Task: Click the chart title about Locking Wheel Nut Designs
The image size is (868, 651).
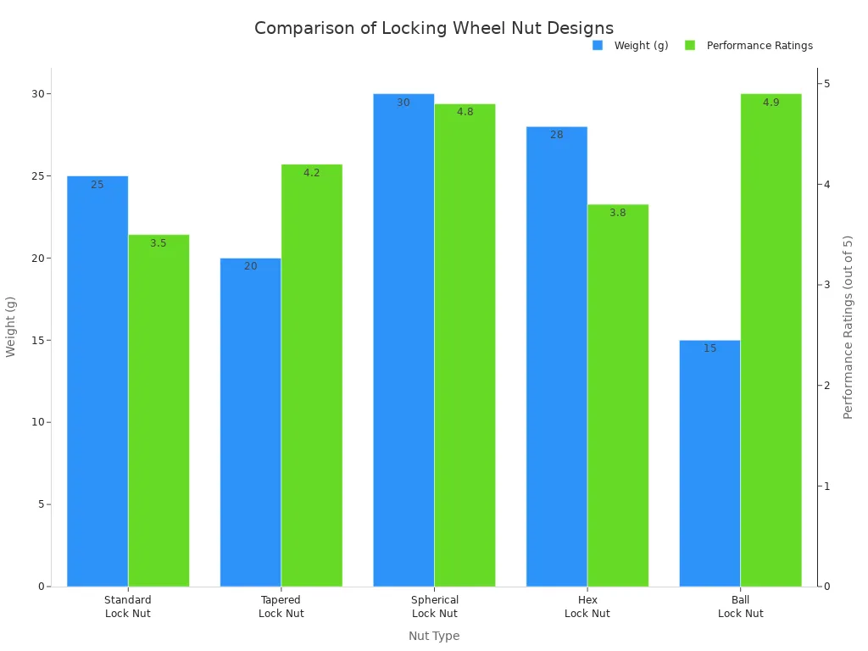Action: pos(434,28)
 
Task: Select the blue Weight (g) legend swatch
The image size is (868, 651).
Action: pos(598,46)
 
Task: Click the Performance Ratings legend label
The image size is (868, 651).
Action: pos(759,46)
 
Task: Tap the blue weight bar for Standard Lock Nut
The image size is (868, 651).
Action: pos(97,381)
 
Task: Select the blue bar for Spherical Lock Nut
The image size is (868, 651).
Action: pos(403,340)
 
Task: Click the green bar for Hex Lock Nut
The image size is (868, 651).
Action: pos(618,395)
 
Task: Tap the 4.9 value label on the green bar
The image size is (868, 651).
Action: pos(771,103)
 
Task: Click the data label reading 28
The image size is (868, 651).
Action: pos(557,135)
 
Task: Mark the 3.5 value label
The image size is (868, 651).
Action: pos(159,243)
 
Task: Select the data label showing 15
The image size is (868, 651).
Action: pos(709,348)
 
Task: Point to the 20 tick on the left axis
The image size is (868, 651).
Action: pos(37,259)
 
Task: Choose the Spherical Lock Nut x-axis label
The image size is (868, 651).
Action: pos(434,607)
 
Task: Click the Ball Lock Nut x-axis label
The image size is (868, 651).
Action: pos(740,607)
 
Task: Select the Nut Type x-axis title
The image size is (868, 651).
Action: pos(434,636)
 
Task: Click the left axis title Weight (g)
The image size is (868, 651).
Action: pos(11,326)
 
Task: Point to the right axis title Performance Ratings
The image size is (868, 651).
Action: pos(849,326)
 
